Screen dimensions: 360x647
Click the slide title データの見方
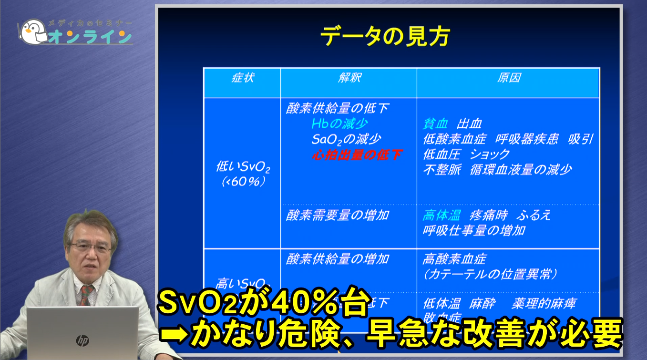pos(385,37)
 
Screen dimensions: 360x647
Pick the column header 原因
pos(508,78)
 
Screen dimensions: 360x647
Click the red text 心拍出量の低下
pos(357,154)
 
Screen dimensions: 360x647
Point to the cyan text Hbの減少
pos(339,124)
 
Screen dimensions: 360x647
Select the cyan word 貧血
pos(435,124)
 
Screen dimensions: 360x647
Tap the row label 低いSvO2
pos(243,167)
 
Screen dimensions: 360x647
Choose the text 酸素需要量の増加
pos(337,215)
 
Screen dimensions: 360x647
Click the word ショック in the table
pos(490,154)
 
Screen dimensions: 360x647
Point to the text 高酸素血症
pos(454,259)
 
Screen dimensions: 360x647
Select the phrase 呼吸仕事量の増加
pos(474,230)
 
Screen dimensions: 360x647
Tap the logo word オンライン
pos(89,37)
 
